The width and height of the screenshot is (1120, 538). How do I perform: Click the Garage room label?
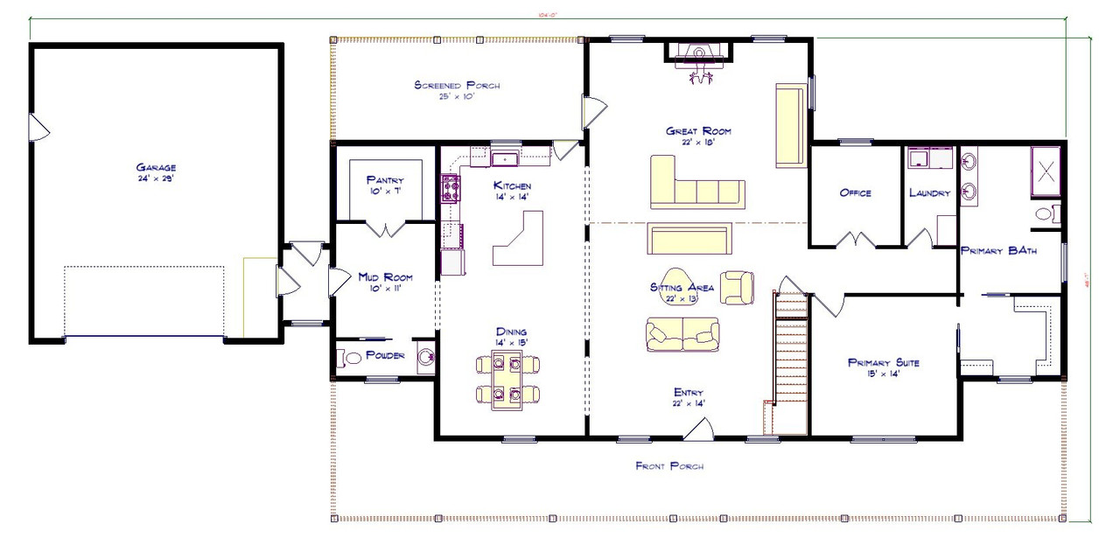point(156,167)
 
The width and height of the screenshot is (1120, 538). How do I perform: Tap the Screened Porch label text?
point(456,85)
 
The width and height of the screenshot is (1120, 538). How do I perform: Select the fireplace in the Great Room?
point(698,55)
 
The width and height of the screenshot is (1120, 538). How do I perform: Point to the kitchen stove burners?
point(451,187)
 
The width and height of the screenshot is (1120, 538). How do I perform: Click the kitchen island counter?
point(517,241)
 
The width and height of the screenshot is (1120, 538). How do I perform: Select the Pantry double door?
point(385,229)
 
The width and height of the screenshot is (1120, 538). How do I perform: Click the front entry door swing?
point(700,429)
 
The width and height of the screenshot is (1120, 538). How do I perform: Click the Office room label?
point(855,192)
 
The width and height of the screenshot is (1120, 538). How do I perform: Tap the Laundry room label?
point(929,192)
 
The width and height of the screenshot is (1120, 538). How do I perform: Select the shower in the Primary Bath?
point(1046,171)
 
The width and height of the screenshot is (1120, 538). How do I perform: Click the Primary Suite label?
point(884,362)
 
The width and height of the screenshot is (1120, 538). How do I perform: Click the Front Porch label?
point(669,466)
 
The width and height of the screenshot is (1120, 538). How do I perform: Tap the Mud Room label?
point(385,277)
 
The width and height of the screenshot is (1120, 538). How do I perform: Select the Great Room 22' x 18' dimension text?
point(698,142)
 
